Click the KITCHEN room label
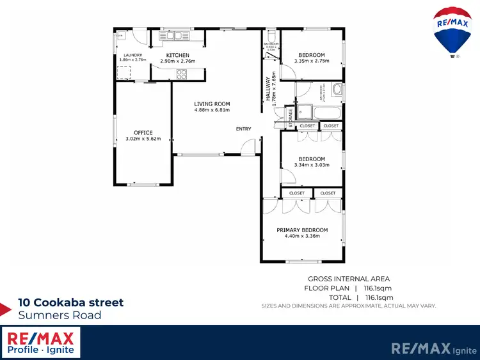177,56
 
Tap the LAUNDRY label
133,55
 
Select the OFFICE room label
143,132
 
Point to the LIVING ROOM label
212,104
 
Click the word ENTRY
243,129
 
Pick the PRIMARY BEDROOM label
302,230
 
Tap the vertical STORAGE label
290,119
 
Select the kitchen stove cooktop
181,74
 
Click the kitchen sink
173,36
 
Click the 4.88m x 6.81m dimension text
212,109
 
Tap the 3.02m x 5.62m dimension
143,138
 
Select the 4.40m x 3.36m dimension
302,236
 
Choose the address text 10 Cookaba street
70,302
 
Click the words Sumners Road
60,315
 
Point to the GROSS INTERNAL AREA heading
349,279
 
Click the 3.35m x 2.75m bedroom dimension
312,61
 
